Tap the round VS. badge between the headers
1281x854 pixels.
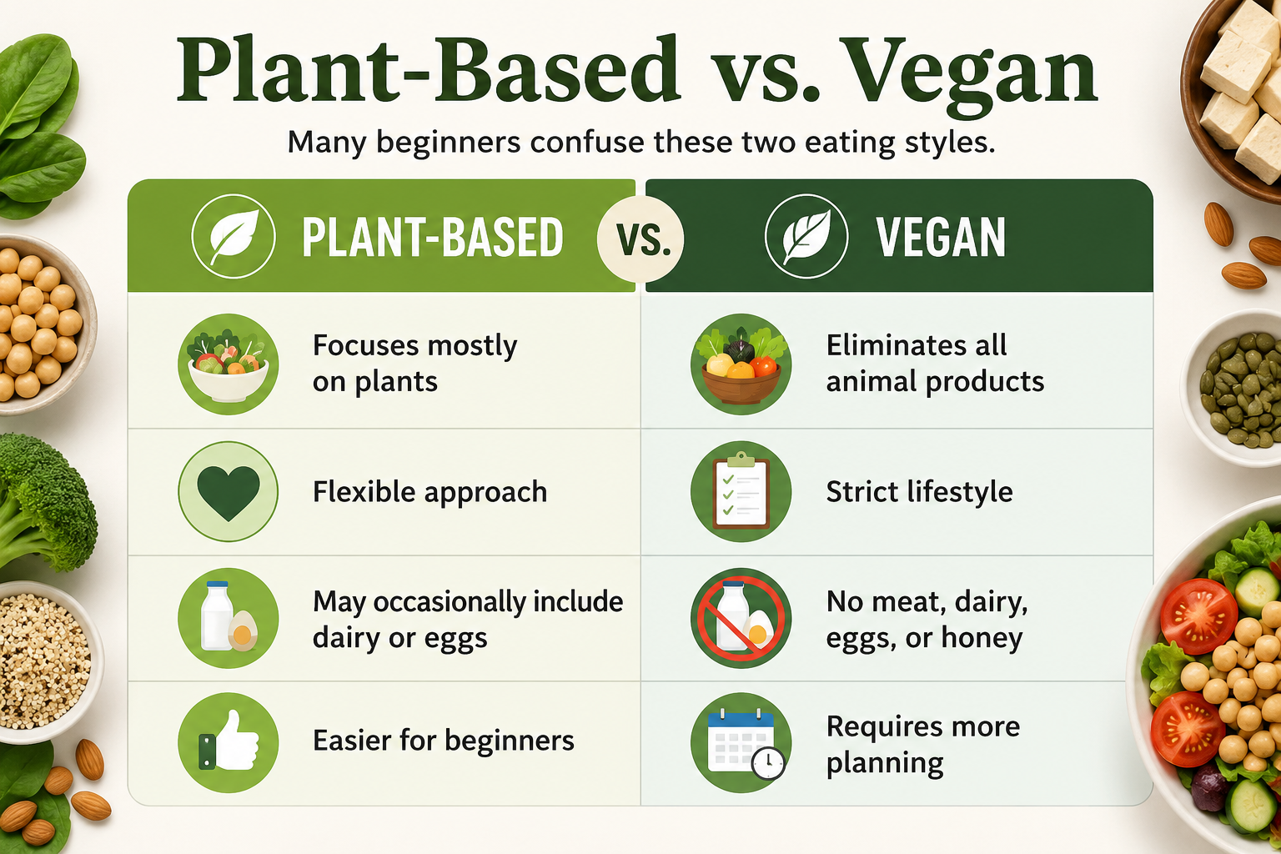tap(640, 239)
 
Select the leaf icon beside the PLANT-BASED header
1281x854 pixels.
tap(234, 236)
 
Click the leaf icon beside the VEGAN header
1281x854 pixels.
tap(806, 236)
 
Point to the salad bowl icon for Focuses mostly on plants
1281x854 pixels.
tap(229, 364)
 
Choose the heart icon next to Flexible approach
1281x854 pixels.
tap(229, 491)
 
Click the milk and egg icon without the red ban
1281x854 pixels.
tap(229, 618)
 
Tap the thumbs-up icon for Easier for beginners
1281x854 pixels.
tap(229, 742)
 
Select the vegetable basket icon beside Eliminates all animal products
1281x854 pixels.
tap(741, 364)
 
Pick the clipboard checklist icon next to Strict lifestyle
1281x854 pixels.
tap(741, 491)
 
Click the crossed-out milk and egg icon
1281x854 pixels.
tap(741, 618)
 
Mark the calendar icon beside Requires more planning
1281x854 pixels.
tap(741, 742)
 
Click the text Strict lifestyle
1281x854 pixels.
tap(919, 492)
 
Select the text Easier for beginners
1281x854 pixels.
tap(443, 741)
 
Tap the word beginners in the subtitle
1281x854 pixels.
tap(449, 143)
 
